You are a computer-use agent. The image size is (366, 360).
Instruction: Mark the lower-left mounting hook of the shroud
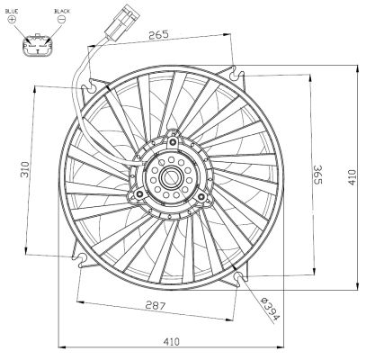pos(84,260)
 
